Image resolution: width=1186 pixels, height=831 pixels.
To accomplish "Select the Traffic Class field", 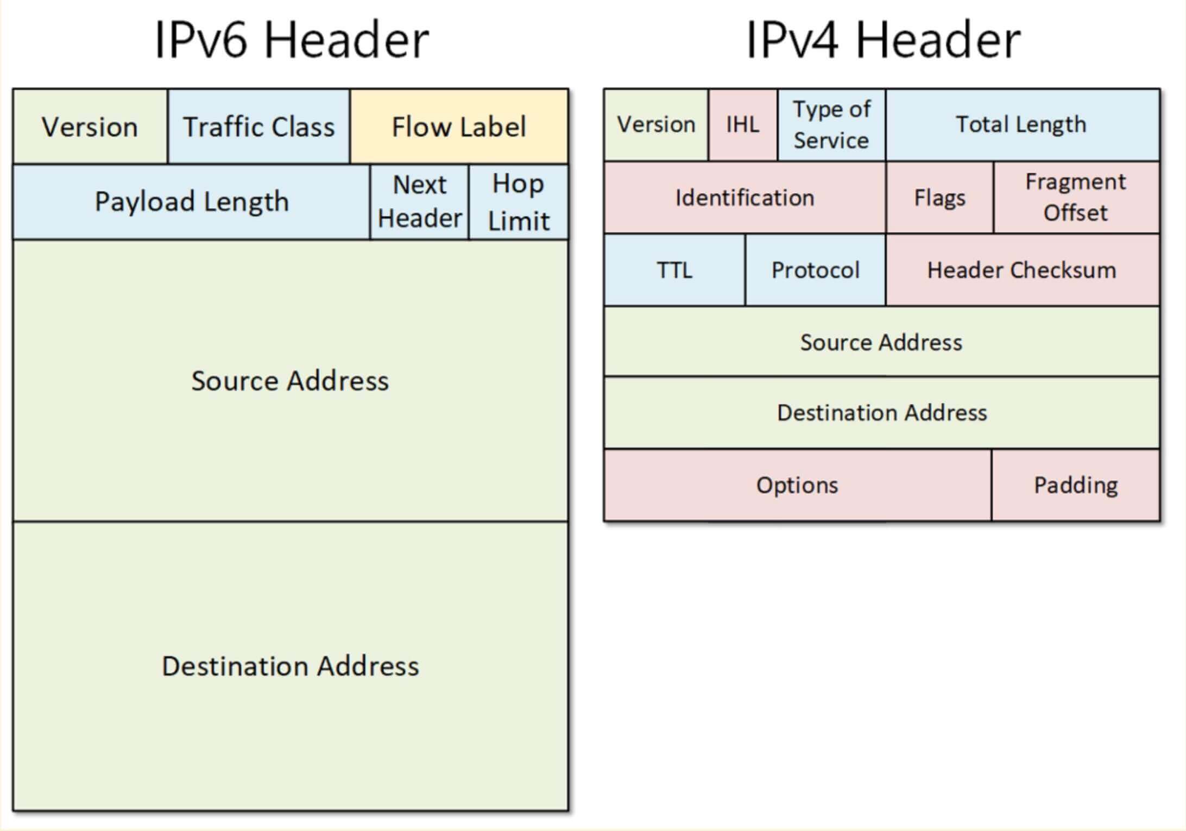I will point(258,127).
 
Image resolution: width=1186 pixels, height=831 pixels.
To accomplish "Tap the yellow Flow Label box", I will point(459,127).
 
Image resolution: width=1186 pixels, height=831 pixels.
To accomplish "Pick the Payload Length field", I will point(191,202).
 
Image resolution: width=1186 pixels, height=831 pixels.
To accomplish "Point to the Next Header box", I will point(419,202).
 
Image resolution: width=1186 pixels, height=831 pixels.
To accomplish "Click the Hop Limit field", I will point(519,202).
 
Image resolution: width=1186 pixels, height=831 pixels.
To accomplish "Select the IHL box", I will point(742,125).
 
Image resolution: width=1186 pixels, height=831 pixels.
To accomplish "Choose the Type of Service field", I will point(831,125).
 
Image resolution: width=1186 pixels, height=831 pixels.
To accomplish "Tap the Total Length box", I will point(1021,125).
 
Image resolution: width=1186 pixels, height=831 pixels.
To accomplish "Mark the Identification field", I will point(745,198).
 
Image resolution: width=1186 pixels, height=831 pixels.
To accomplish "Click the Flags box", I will point(939,198).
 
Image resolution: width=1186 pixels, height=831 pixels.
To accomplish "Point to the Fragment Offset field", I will point(1076,198).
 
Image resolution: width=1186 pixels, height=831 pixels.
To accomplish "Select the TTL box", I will point(674,270).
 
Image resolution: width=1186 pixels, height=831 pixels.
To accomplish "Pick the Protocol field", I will point(815,270).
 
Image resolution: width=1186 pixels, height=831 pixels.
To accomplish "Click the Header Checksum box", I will point(1021,270).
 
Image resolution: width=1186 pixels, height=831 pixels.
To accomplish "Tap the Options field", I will point(797,485).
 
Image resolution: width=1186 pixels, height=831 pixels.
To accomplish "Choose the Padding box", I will point(1076,485).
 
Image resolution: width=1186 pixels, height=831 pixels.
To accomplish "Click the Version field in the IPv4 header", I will point(656,125).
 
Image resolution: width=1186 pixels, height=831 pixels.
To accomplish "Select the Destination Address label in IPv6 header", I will point(291,666).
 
